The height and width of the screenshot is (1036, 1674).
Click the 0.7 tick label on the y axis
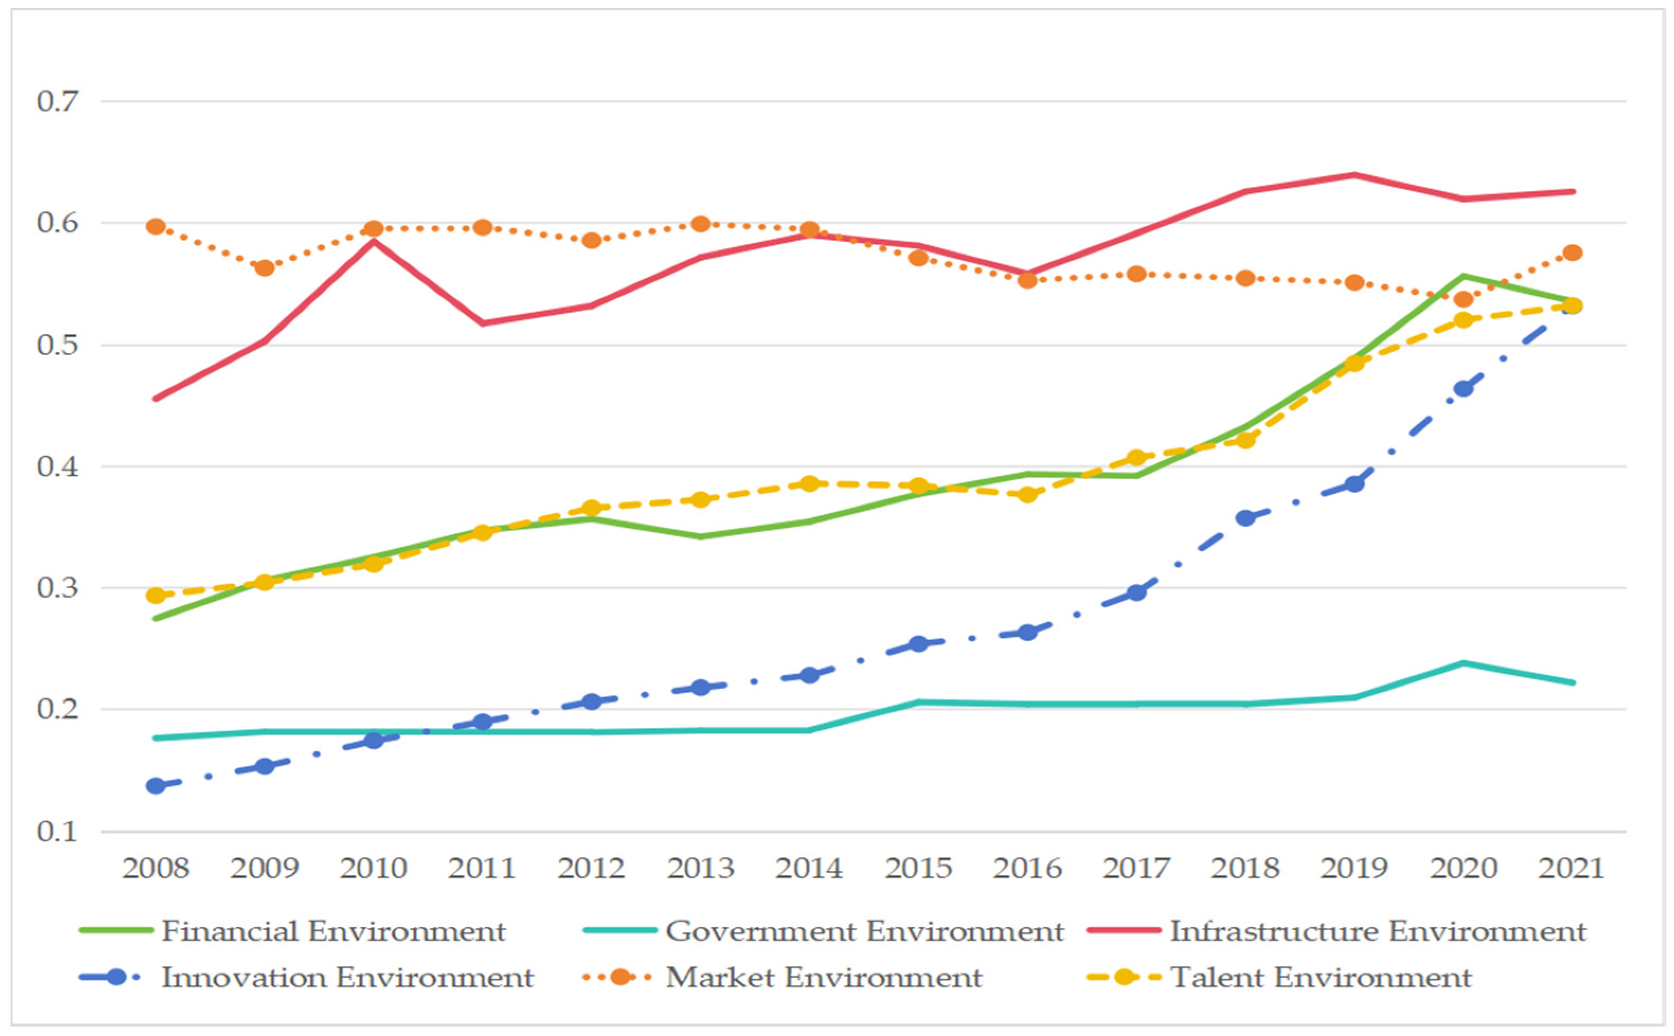pos(58,102)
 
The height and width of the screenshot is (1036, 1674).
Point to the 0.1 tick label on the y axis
pos(58,832)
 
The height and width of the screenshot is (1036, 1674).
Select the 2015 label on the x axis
pos(918,869)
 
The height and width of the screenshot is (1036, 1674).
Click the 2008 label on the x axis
pos(156,869)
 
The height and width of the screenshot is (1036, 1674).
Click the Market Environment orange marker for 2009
pos(265,268)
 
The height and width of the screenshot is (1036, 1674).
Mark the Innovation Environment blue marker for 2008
pos(156,785)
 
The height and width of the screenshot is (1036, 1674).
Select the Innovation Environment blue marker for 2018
pos(1245,518)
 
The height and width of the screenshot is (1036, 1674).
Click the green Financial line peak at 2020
pos(1463,276)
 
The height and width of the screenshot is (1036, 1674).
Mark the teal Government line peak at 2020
pos(1463,663)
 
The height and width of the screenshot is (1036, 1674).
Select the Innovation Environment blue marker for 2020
pos(1463,389)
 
